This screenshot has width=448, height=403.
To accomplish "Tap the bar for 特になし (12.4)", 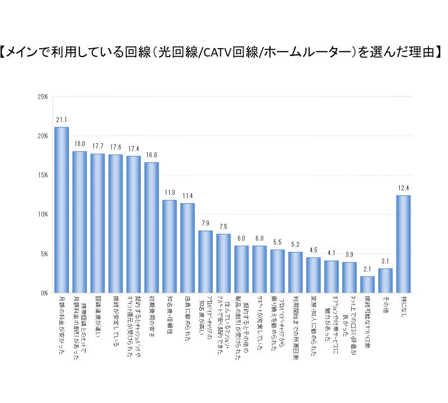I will tap(403, 244).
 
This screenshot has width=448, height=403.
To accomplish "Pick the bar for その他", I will tap(385, 280).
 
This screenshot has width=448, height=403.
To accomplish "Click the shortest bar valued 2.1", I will tap(367, 284).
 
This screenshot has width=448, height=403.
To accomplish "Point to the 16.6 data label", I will tap(151, 155).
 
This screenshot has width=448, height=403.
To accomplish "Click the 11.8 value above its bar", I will tap(169, 193).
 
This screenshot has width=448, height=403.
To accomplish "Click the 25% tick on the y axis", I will tap(42, 97).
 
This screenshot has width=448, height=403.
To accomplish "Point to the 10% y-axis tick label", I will tap(42, 214).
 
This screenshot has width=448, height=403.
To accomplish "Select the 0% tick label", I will tap(44, 293).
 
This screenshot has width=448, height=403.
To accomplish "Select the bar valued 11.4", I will tap(188, 248).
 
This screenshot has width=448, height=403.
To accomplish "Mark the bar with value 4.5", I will tap(313, 275).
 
